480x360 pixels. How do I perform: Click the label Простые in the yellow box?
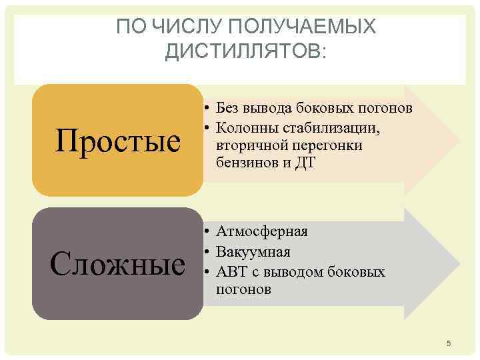(x=119, y=141)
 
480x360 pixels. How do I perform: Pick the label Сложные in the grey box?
(x=119, y=264)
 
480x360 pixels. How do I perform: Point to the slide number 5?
(x=449, y=343)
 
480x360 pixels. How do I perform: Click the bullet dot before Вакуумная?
(x=208, y=252)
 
